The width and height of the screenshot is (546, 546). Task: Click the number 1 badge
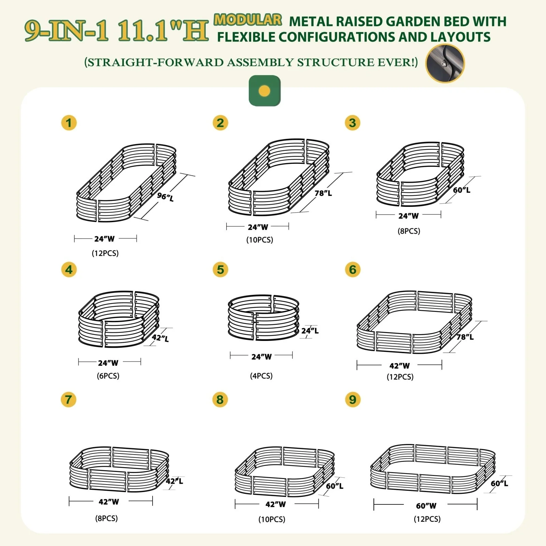click(x=69, y=123)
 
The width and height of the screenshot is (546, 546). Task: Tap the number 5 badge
click(x=220, y=270)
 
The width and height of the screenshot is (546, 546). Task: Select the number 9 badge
click(x=353, y=400)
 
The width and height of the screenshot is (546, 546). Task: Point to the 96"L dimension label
click(x=166, y=197)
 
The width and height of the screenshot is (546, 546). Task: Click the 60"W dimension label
click(x=426, y=505)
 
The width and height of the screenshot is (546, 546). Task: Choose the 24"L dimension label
click(x=310, y=330)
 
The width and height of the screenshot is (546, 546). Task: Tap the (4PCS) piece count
click(x=261, y=376)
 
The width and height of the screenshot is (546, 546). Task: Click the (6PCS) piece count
click(x=108, y=376)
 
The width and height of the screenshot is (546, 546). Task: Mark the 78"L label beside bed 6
click(x=465, y=337)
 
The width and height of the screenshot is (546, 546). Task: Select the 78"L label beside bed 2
click(x=323, y=193)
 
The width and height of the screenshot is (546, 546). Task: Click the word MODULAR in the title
click(x=248, y=20)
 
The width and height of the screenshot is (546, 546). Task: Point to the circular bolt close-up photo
click(x=445, y=63)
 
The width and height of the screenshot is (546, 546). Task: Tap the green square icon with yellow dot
click(x=265, y=91)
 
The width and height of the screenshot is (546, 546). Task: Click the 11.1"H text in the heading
click(x=163, y=31)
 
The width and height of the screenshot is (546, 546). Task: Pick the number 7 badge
click(x=69, y=400)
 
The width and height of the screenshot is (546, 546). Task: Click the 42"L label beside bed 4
click(x=160, y=338)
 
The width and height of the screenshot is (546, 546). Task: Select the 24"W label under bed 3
click(x=408, y=216)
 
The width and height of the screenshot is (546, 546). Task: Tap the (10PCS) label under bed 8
click(x=272, y=519)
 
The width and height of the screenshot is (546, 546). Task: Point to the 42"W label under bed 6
click(x=400, y=365)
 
